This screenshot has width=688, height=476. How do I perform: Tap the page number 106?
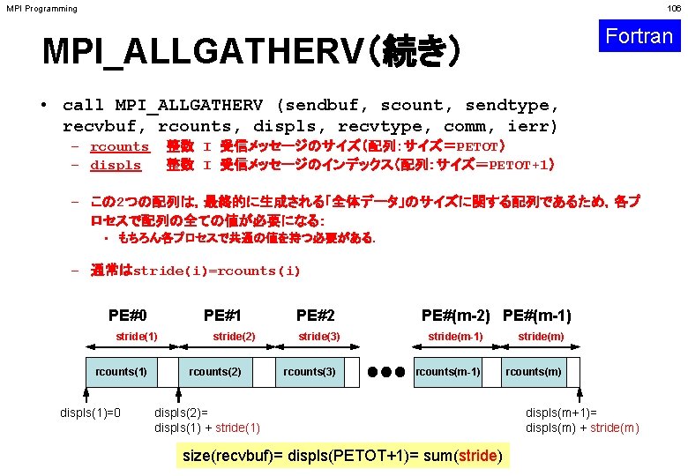pos(675,9)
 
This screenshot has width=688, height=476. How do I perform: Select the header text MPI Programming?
pos(41,9)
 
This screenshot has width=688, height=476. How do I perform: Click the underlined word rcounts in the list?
pos(120,147)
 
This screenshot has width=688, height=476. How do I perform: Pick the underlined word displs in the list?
pos(116,165)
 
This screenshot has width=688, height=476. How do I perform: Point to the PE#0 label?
pos(128,315)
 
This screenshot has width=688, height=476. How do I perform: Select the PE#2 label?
pos(315,315)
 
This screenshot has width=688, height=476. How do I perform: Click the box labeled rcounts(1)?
pos(121,372)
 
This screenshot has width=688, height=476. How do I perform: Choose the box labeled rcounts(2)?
pos(214,372)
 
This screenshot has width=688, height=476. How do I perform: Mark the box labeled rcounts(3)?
pos(309,372)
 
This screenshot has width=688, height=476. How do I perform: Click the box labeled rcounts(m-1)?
pos(448,372)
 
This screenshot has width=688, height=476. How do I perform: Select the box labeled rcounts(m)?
pos(533,372)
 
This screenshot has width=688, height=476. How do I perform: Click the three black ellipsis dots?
pos(387,372)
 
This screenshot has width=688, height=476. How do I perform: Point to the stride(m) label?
pos(541,337)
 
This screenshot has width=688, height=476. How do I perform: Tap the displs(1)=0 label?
pos(90,412)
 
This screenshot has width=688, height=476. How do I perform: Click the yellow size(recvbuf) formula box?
pos(341,456)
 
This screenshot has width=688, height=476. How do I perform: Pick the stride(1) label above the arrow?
pos(137,337)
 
